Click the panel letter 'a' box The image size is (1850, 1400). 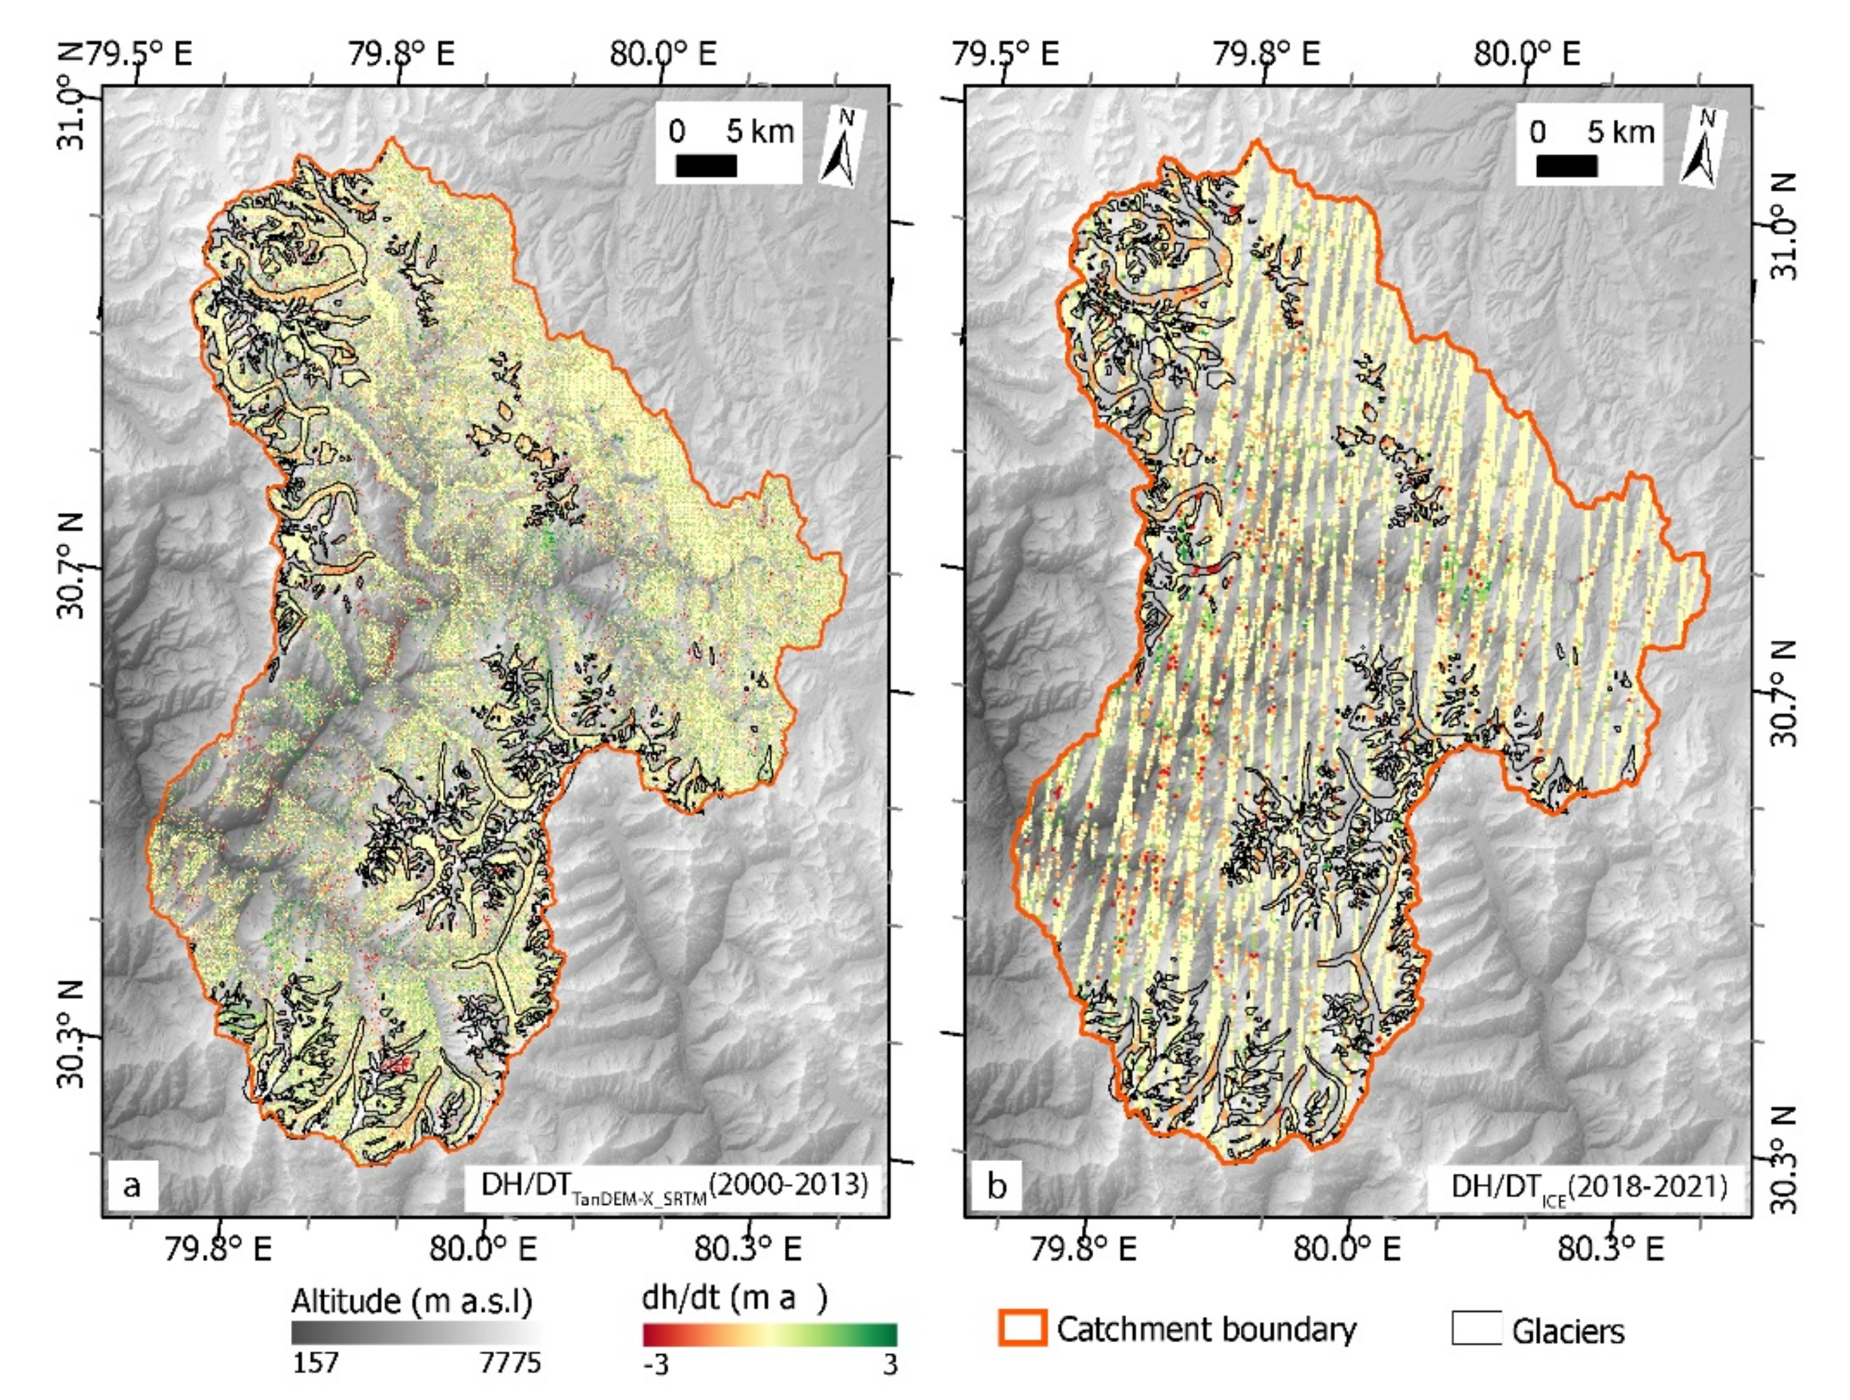(132, 1185)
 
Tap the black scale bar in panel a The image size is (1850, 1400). (706, 166)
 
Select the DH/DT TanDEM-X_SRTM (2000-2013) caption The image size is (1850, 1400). (674, 1186)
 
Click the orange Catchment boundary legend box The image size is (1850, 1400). (1021, 1327)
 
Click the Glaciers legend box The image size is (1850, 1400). (1476, 1327)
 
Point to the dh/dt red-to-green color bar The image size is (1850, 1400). (769, 1333)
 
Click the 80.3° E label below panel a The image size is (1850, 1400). (747, 1249)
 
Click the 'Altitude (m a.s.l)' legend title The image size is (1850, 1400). (411, 1301)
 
